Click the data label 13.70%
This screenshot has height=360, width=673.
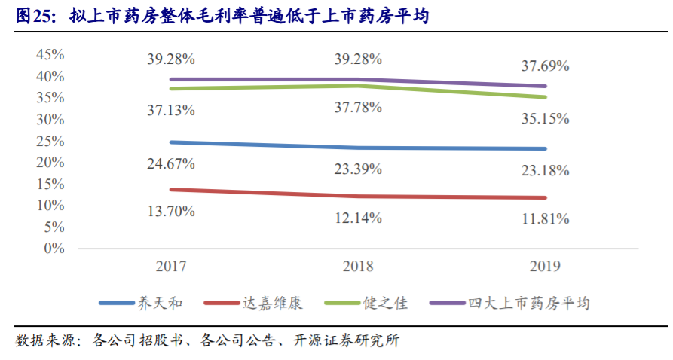[x=171, y=211]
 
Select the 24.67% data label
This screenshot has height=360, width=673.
[x=171, y=163]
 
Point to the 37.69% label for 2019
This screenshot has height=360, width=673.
[x=545, y=66]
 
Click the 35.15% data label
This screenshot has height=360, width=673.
[x=545, y=118]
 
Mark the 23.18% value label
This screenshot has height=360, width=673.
[x=545, y=170]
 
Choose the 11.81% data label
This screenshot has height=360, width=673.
[x=545, y=220]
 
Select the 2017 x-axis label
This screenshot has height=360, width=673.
[x=171, y=267]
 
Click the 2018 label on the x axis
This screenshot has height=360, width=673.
[x=358, y=267]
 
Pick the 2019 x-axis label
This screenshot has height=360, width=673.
[x=545, y=267]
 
